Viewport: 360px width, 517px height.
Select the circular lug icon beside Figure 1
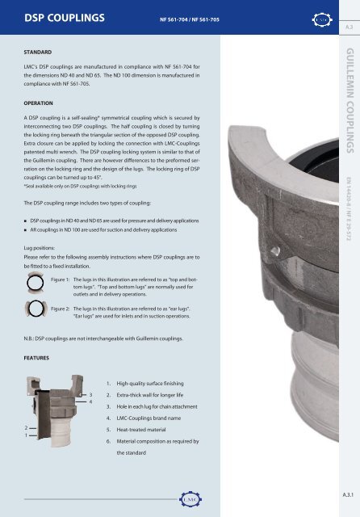click(x=36, y=284)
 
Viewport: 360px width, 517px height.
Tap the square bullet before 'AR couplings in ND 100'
click(x=27, y=230)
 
